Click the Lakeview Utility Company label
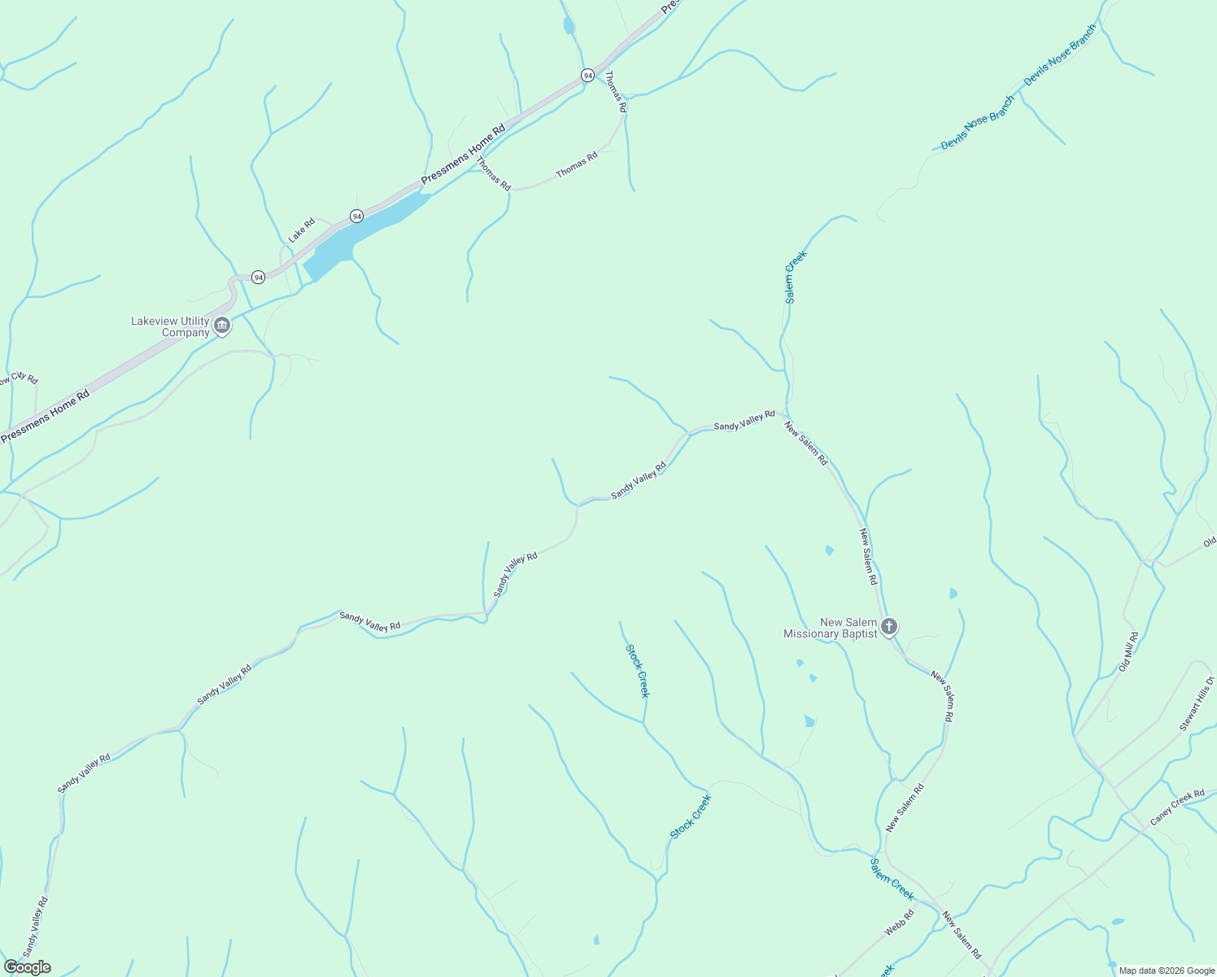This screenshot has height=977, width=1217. click(170, 326)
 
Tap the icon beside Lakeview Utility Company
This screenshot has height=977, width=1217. click(222, 326)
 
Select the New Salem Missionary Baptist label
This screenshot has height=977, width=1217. click(830, 628)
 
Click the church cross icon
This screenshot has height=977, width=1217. click(889, 627)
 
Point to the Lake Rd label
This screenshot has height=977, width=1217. click(301, 230)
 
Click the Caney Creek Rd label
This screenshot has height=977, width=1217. click(1177, 807)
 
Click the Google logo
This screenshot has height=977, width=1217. click(27, 967)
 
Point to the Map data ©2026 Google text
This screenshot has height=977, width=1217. click(1166, 970)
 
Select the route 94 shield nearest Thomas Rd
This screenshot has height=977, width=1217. click(587, 75)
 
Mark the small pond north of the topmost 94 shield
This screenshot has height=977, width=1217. click(568, 27)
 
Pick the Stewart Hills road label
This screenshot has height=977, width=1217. click(1197, 703)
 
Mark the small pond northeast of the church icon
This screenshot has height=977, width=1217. click(953, 593)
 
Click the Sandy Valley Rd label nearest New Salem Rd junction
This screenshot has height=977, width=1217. click(744, 420)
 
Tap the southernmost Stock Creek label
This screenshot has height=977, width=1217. click(691, 817)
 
